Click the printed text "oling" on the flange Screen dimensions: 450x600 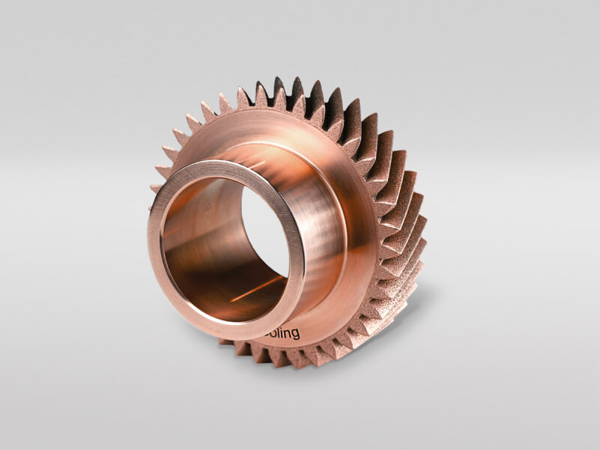pyautogui.click(x=283, y=332)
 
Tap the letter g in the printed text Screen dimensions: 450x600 pyautogui.click(x=296, y=335)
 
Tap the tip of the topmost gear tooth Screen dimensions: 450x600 pyautogui.click(x=279, y=79)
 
